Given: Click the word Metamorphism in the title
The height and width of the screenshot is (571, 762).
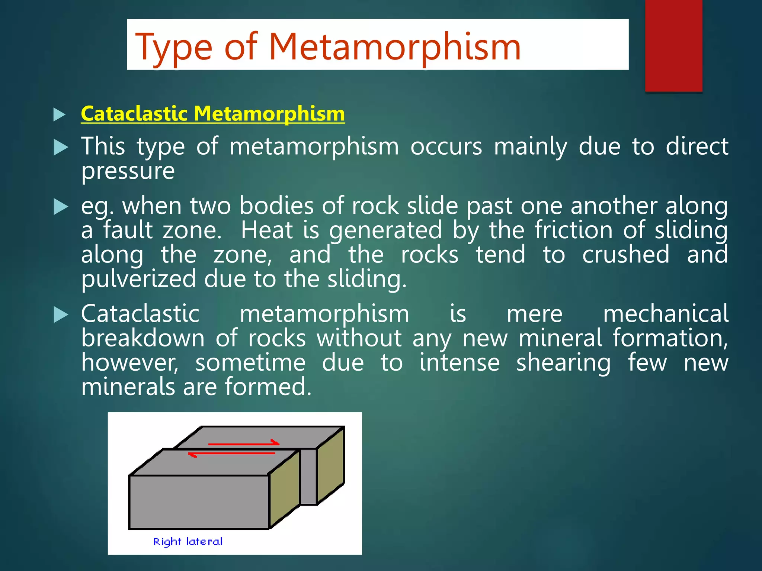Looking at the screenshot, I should [x=394, y=47].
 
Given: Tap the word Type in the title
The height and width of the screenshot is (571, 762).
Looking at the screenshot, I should [x=174, y=48].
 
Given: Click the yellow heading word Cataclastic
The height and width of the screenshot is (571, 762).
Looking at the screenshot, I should [x=134, y=113].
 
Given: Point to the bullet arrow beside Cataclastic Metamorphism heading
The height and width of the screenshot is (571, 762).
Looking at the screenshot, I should [x=60, y=114].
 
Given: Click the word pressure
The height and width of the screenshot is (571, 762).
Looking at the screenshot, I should [x=128, y=171].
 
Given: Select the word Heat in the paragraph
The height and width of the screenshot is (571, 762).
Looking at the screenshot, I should [x=267, y=230].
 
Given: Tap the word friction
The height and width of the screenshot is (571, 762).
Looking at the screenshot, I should [x=573, y=230].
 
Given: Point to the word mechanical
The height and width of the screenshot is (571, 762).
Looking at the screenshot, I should [x=665, y=314].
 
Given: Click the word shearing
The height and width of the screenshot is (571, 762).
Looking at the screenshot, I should [x=563, y=362].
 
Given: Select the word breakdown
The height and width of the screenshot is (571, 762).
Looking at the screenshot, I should [x=143, y=338].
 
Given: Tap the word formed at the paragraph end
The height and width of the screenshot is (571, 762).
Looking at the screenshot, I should [x=268, y=387].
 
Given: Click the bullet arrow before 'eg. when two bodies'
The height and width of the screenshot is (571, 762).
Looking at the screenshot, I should [x=61, y=207].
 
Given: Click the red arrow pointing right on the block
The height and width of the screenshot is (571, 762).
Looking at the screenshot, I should [x=243, y=443].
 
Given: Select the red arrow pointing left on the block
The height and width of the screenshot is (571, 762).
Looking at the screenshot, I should [x=231, y=454].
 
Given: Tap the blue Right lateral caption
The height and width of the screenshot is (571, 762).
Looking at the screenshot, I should [x=188, y=541].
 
